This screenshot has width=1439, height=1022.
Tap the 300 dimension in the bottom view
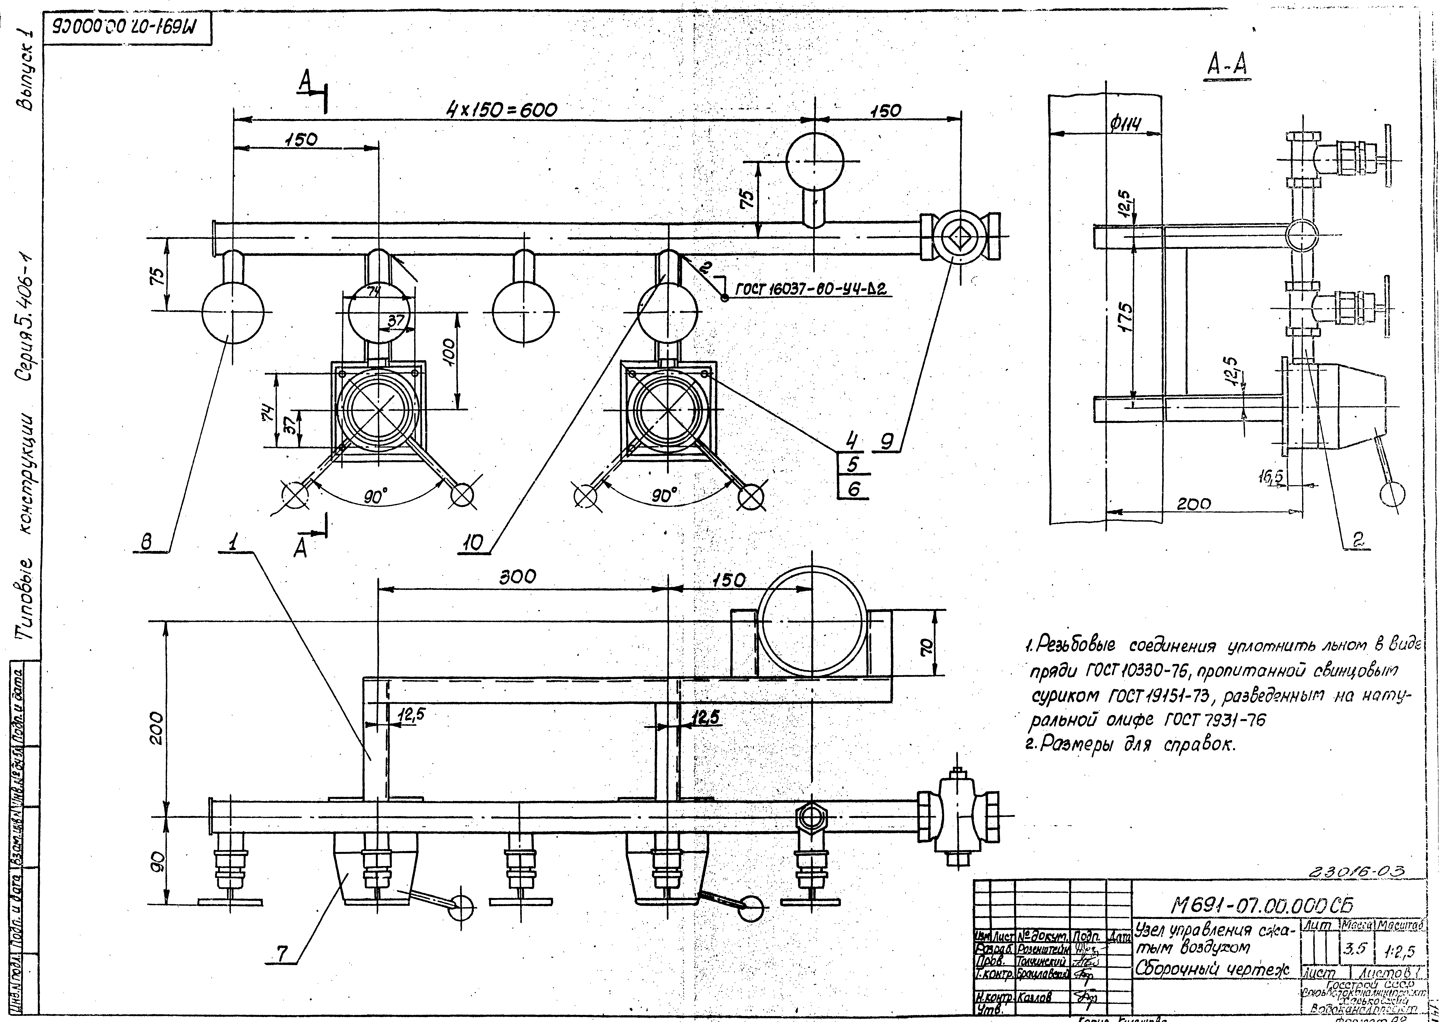[518, 576]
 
